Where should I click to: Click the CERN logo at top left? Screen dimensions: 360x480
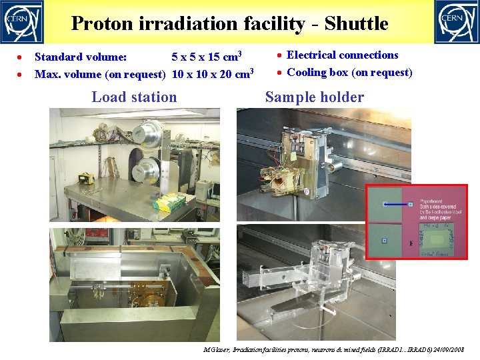(22, 22)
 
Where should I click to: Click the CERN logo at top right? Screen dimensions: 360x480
(457, 22)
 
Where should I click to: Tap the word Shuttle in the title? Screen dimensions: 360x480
(356, 24)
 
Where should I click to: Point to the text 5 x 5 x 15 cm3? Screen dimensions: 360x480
(206, 55)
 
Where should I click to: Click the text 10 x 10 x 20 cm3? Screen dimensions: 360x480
(213, 73)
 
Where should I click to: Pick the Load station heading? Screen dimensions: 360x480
(134, 97)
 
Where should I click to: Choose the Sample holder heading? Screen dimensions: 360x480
(314, 97)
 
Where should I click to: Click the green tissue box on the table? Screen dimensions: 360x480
(169, 201)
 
